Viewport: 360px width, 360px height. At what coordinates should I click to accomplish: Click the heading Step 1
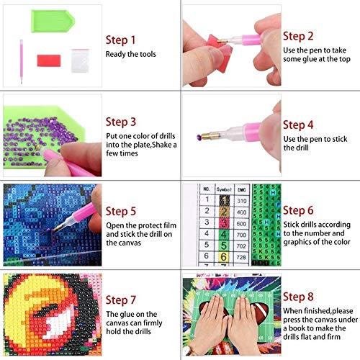click(x=120, y=40)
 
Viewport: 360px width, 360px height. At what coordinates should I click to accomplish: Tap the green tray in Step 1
click(x=53, y=21)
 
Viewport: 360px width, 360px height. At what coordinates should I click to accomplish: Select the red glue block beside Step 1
click(x=49, y=60)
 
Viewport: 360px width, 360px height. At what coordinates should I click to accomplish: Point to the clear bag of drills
click(x=80, y=60)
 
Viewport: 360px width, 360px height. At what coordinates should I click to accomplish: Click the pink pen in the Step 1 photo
click(x=21, y=61)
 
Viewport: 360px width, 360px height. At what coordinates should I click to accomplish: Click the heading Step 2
click(x=298, y=36)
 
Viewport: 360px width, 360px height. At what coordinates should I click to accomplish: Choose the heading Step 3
click(x=121, y=122)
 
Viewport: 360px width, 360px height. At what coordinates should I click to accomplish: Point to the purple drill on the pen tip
click(x=199, y=138)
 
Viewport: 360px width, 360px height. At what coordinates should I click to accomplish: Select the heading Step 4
click(x=298, y=125)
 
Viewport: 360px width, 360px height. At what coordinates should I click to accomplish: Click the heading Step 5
click(x=121, y=212)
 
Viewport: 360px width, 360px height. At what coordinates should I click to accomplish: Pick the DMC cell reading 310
click(x=241, y=201)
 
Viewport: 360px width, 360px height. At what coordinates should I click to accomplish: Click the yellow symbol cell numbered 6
click(x=223, y=257)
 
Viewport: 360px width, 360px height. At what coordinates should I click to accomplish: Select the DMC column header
click(x=241, y=189)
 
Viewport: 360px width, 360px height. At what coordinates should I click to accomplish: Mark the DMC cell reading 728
click(x=241, y=257)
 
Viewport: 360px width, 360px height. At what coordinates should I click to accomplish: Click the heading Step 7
click(x=121, y=300)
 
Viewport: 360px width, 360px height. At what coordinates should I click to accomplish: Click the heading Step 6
click(x=298, y=210)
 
